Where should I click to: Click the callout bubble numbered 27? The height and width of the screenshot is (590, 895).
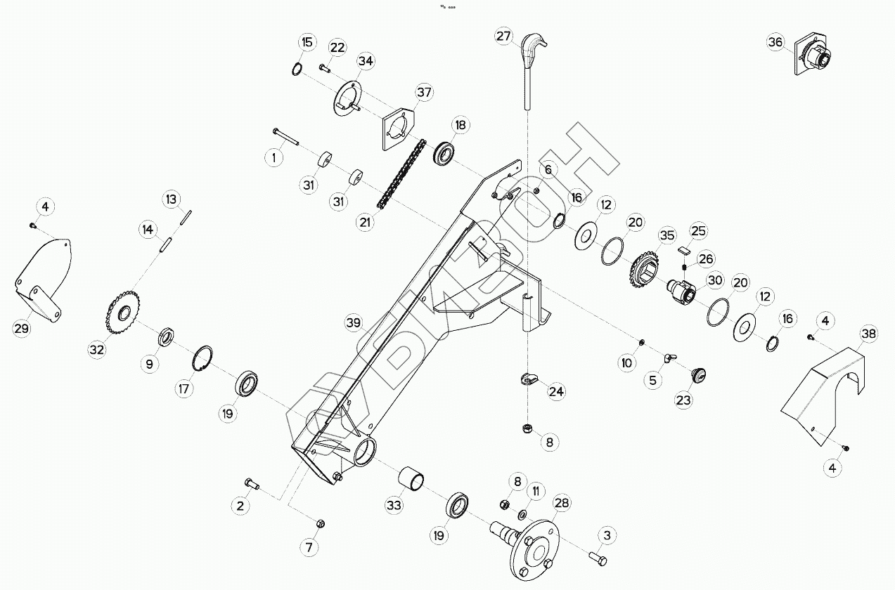tap(503, 36)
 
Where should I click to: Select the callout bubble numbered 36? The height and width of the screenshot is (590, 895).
tap(775, 42)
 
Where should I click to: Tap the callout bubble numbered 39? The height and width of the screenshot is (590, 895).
tap(354, 323)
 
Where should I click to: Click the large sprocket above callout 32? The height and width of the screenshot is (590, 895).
tap(122, 314)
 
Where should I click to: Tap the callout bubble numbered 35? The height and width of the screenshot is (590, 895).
tap(666, 236)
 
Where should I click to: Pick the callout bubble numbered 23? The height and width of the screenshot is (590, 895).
tap(683, 400)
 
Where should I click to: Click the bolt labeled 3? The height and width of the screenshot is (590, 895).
tap(598, 557)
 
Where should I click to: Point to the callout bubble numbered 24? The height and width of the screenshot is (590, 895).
tap(556, 391)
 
